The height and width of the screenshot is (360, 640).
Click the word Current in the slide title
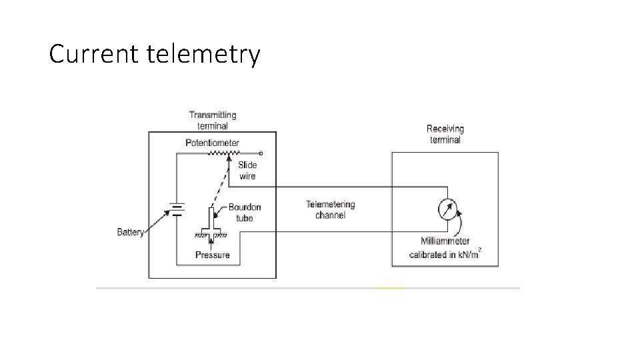(94, 53)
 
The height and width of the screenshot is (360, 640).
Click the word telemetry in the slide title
(203, 54)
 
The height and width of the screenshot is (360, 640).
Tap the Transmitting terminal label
(213, 121)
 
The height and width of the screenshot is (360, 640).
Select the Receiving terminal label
(445, 134)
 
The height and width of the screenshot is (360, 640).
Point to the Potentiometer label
(212, 143)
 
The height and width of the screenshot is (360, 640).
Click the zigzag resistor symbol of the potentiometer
(224, 153)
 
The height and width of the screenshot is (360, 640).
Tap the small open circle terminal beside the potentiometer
(261, 153)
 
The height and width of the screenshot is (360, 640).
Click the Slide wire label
(247, 171)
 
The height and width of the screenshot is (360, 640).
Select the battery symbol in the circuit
(177, 209)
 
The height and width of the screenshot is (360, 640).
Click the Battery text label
(130, 232)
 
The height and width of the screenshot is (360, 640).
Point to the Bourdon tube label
(245, 213)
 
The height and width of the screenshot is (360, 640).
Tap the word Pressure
(212, 255)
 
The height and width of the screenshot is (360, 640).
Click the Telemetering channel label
(331, 210)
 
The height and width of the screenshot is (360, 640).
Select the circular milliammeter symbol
(448, 209)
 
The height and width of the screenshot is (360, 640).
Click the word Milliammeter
(445, 241)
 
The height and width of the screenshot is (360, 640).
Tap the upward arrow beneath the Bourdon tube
(211, 243)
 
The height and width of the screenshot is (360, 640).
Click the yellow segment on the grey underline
(390, 288)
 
